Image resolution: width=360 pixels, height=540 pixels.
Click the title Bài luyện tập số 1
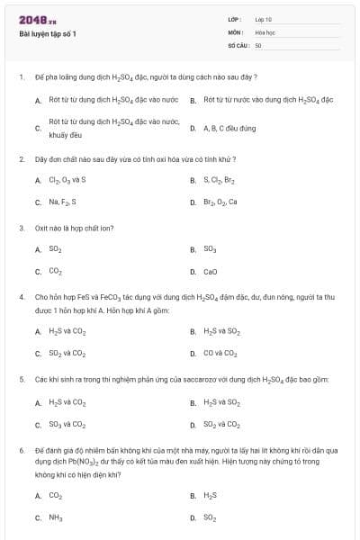(x=48, y=34)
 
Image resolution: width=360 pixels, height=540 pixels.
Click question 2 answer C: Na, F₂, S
(x=63, y=202)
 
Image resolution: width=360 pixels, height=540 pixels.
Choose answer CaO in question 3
(x=211, y=271)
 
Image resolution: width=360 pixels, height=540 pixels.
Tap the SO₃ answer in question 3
(x=211, y=249)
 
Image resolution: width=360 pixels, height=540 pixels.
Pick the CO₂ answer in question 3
(x=56, y=271)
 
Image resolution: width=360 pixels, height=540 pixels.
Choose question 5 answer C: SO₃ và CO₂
(x=67, y=425)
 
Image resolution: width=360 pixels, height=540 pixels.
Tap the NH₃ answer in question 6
(x=56, y=517)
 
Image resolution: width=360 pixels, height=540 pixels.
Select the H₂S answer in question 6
(x=211, y=495)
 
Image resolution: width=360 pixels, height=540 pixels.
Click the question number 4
(x=21, y=295)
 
